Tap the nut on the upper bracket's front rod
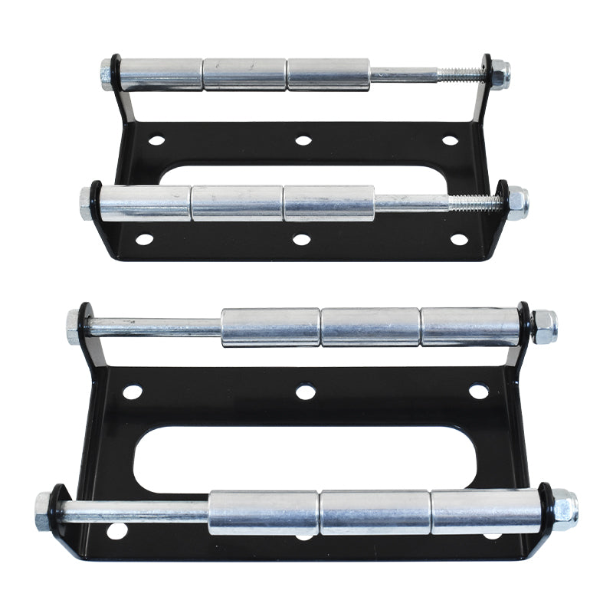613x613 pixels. point(517,203)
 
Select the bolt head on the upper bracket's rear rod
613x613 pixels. point(107,74)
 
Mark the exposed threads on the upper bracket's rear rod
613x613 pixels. point(460,74)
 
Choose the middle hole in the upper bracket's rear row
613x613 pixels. point(303,140)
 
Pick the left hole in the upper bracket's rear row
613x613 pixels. point(156,140)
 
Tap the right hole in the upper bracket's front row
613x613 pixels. point(459,239)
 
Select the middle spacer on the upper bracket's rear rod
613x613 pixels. point(245,74)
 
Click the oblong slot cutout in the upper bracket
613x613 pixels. point(306,172)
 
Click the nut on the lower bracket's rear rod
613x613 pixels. point(544,326)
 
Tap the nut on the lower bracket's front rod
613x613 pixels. point(565,510)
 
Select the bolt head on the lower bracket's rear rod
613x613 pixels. point(74,326)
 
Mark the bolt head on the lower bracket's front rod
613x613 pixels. point(43,511)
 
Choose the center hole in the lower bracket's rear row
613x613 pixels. point(305,392)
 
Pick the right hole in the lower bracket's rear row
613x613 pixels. point(478,391)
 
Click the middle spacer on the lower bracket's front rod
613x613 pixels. point(375,512)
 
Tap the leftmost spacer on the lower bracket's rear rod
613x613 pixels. point(270,327)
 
